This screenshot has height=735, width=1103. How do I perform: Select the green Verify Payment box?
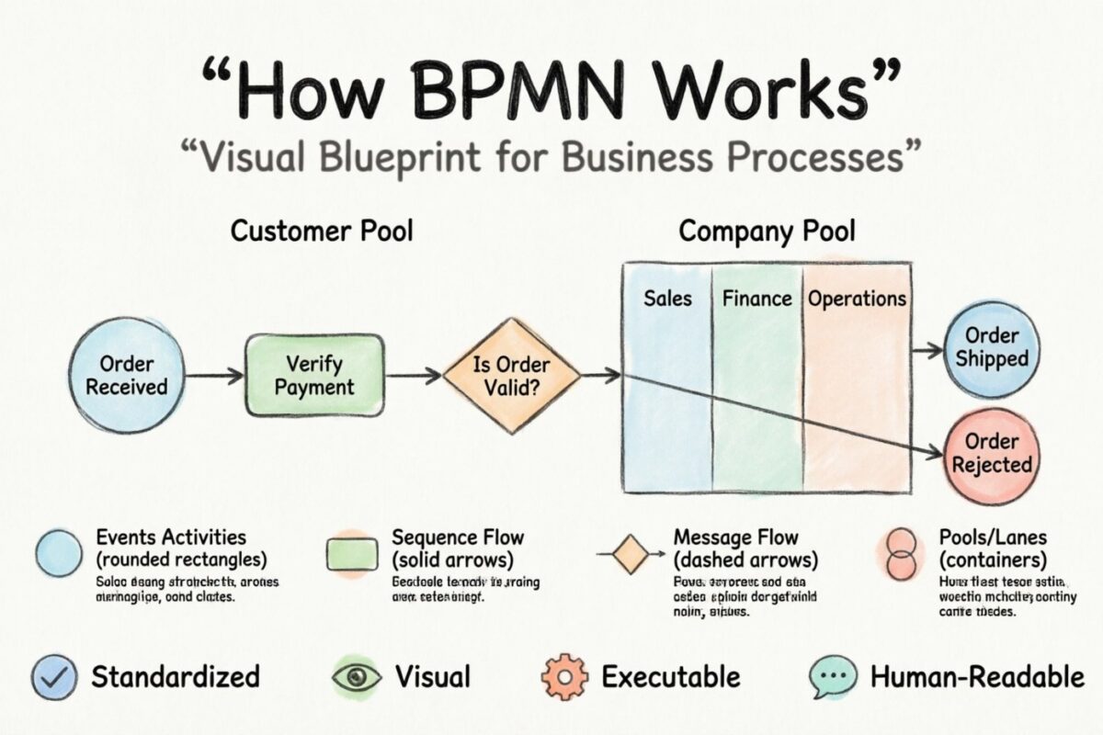coord(314,375)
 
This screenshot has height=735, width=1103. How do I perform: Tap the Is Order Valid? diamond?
coord(511,376)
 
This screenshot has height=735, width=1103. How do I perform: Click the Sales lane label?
coord(667,299)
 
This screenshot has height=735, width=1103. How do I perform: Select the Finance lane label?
coord(756,299)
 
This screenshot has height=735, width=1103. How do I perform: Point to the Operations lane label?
coord(857,299)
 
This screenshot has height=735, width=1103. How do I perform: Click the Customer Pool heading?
coord(321,231)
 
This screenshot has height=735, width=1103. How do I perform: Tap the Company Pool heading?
coord(767,231)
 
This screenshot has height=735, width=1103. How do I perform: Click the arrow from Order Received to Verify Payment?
coord(208,375)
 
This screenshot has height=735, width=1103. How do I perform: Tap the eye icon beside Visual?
coord(356,678)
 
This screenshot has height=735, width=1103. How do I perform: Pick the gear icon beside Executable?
coord(563,678)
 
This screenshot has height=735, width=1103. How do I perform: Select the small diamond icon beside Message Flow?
coord(631,554)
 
